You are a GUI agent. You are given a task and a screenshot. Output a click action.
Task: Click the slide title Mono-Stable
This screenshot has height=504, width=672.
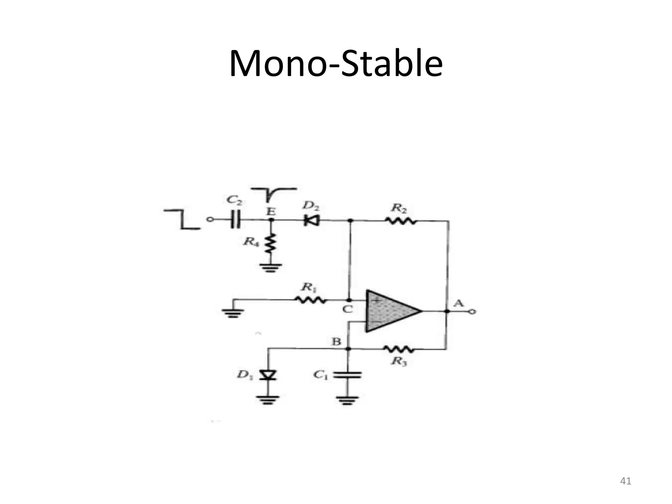click(x=336, y=63)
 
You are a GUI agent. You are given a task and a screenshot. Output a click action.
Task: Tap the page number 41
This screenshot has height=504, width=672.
click(x=625, y=481)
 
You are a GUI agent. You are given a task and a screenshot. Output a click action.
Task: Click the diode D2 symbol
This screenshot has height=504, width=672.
click(x=312, y=221)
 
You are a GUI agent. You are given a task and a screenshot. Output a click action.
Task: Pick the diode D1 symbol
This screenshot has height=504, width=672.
click(x=268, y=375)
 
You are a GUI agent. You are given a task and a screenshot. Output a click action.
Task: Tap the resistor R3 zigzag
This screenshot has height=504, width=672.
click(x=399, y=349)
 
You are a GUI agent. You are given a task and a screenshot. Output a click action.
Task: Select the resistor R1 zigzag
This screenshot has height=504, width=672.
click(x=310, y=300)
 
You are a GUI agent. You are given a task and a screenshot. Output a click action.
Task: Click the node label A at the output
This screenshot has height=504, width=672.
click(x=458, y=303)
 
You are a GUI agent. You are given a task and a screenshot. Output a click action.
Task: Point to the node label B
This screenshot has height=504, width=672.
click(x=336, y=342)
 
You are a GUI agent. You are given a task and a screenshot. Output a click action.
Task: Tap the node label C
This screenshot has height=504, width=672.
click(x=347, y=309)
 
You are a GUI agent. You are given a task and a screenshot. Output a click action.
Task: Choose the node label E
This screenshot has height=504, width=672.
click(x=271, y=212)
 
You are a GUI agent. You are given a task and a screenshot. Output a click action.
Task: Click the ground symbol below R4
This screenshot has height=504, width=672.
click(x=271, y=268)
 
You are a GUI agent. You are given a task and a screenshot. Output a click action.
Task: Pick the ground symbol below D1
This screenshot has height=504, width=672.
click(x=268, y=400)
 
